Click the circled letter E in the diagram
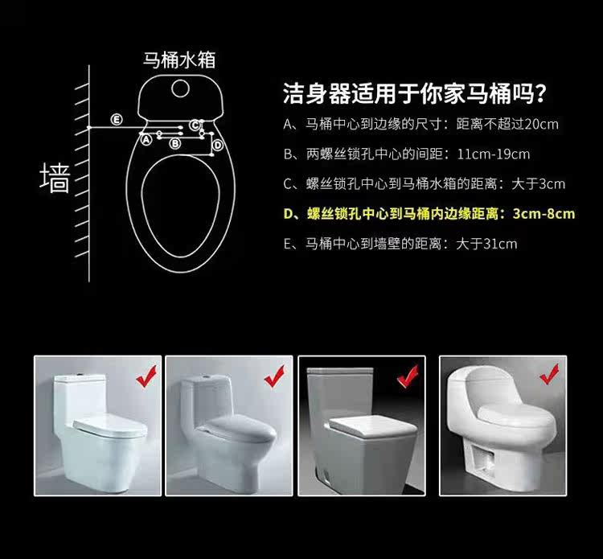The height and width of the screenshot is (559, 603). point(117,119)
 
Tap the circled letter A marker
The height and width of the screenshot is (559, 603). point(146,140)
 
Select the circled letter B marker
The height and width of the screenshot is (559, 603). point(175,143)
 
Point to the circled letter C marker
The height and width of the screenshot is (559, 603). point(195,125)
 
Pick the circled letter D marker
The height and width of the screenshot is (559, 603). point(218,145)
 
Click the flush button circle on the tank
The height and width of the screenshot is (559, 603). point(180,88)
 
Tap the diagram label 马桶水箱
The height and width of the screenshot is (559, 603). point(179,60)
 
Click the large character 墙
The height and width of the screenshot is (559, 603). point(55,178)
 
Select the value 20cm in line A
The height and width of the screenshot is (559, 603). point(541,124)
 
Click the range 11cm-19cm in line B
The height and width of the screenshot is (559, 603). point(494,154)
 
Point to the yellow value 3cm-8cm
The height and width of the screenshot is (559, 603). point(544,214)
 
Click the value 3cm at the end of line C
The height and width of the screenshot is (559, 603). point(552,184)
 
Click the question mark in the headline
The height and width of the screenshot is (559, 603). point(540,93)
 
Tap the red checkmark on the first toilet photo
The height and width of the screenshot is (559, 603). point(146,376)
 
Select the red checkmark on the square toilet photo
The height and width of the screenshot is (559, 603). point(408,376)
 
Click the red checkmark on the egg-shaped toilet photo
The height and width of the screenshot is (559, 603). point(549,374)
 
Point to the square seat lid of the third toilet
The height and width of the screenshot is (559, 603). point(372,424)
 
